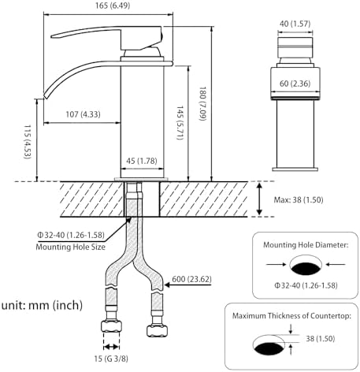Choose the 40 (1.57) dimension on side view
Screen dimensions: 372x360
pos(295,24)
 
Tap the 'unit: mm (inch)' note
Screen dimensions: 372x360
pos(50,305)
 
